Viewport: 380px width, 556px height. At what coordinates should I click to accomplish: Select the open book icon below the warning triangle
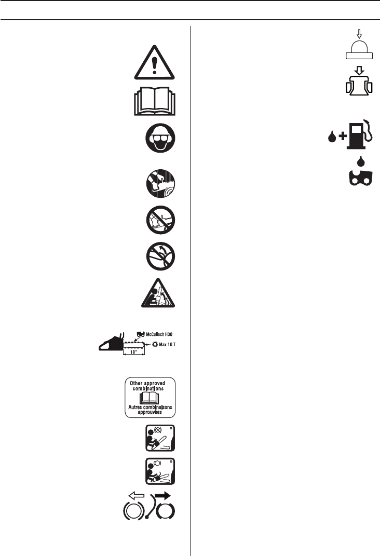[x=154, y=101]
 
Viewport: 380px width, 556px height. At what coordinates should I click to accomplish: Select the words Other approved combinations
[x=152, y=386]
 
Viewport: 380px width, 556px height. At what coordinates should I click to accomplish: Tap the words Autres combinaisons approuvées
[x=152, y=410]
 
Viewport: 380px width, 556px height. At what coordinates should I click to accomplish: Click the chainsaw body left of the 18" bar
[x=109, y=343]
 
